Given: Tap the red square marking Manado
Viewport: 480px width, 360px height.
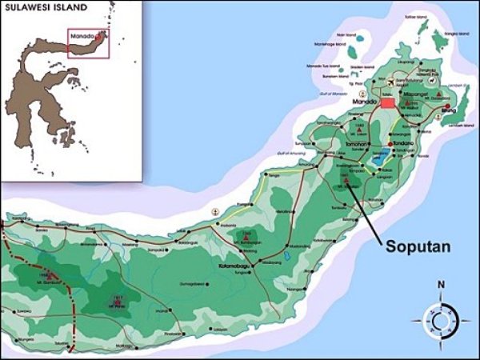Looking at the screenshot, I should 388,102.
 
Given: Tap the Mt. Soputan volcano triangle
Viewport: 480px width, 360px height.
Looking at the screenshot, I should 346,180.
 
